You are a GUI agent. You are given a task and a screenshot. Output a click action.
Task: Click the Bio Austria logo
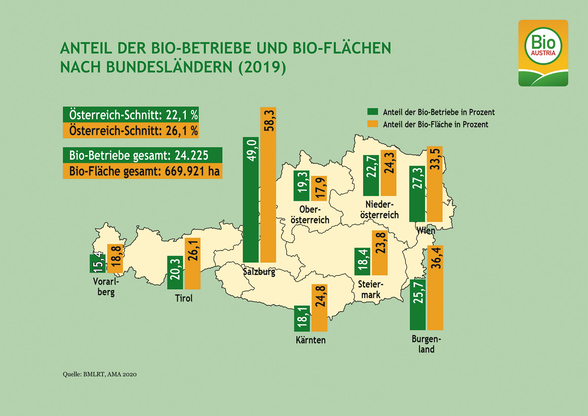click(x=543, y=53)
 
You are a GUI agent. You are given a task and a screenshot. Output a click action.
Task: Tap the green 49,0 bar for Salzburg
click(x=251, y=200)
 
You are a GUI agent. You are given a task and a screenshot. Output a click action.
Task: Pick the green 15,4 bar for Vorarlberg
click(x=98, y=264)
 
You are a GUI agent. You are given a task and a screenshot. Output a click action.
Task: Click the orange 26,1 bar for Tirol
click(x=192, y=263)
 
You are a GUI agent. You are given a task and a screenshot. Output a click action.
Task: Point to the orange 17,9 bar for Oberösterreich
click(x=319, y=188)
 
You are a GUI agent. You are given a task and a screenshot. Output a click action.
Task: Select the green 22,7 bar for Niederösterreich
click(x=371, y=175)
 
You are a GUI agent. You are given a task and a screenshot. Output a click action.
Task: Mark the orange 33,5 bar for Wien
click(x=434, y=184)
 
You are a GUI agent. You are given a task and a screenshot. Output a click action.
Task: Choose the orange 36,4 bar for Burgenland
click(x=435, y=288)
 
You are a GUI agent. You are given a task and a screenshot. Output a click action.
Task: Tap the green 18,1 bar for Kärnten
click(x=302, y=318)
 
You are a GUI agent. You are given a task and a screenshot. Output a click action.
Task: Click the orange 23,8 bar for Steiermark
click(x=380, y=253)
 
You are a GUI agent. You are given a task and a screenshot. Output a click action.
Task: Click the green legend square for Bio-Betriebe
click(x=373, y=112)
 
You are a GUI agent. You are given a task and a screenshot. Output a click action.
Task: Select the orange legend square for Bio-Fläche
click(x=373, y=124)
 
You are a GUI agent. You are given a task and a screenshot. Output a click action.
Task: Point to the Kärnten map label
click(x=311, y=340)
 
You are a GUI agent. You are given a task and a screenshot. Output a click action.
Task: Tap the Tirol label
click(x=184, y=298)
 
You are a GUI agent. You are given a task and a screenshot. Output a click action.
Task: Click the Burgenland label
click(x=426, y=344)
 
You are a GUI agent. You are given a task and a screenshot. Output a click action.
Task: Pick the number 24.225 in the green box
click(x=191, y=155)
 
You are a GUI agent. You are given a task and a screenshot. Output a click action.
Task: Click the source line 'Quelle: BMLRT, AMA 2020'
click(x=100, y=374)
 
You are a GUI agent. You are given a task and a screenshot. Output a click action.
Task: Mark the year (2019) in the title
click(x=262, y=67)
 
